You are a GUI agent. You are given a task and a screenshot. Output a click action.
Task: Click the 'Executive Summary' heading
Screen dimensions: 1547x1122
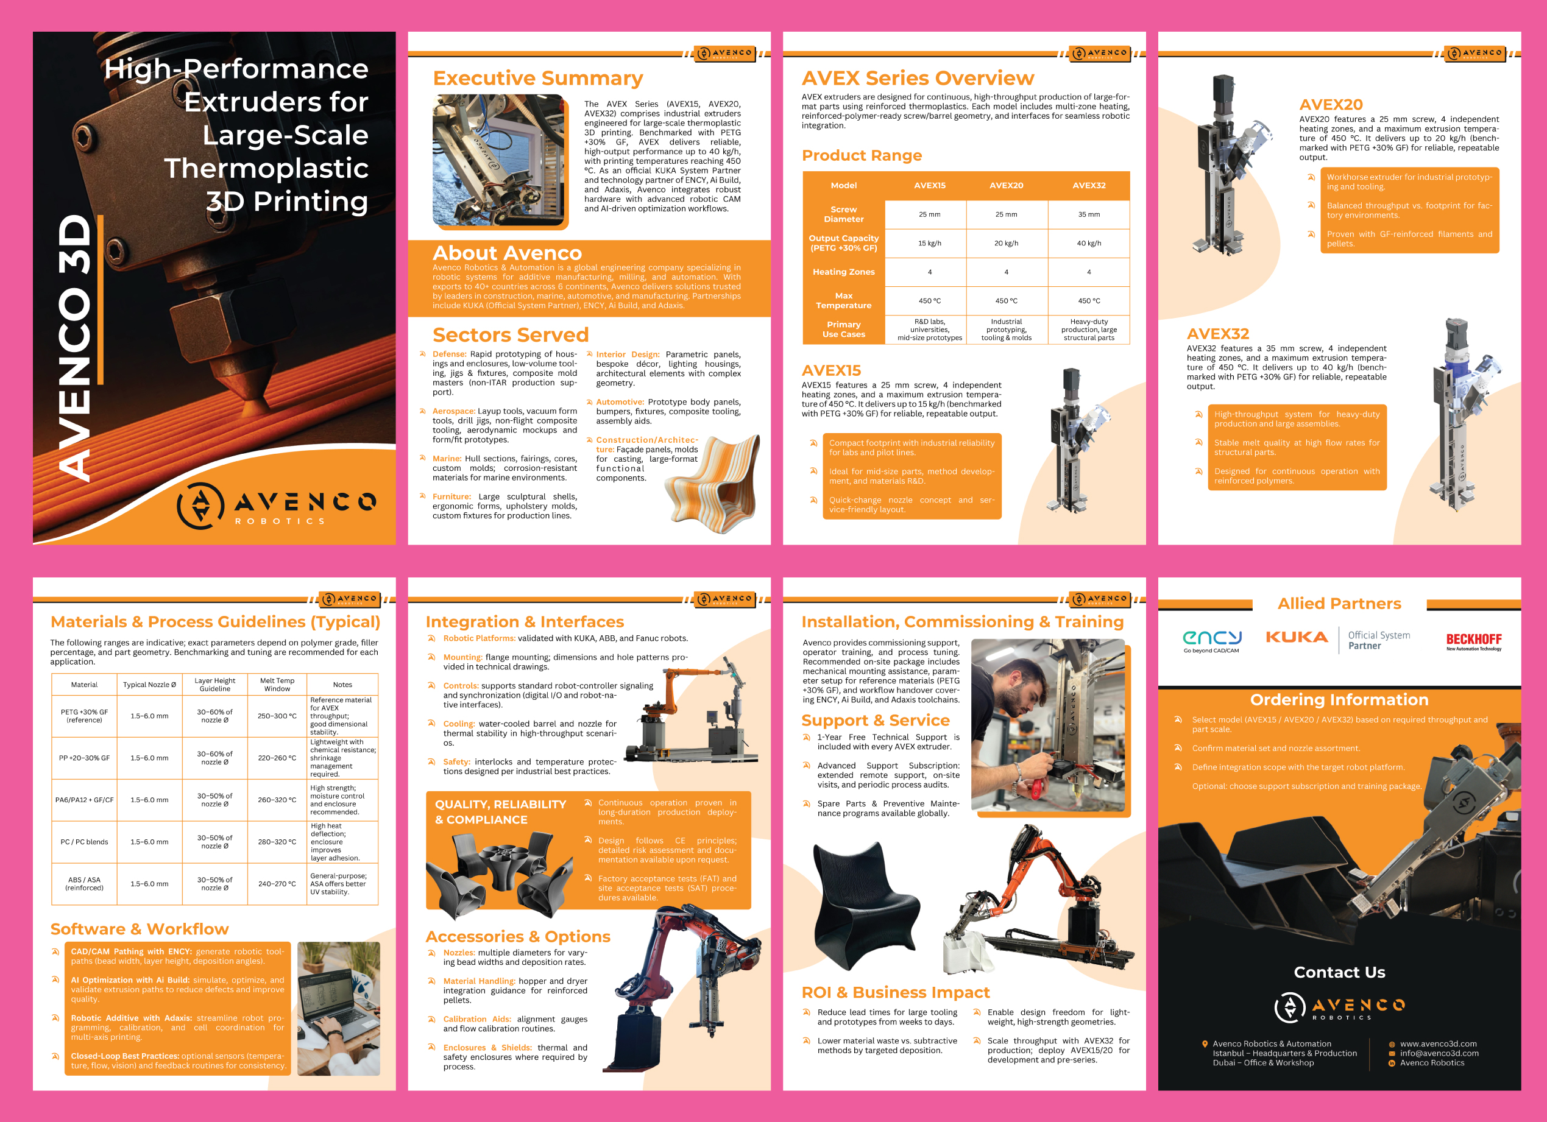(x=538, y=79)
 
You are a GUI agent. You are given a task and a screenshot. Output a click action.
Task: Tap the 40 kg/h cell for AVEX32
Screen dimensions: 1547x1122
(x=1089, y=244)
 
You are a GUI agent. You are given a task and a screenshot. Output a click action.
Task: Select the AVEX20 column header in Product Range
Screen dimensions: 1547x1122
(x=1006, y=186)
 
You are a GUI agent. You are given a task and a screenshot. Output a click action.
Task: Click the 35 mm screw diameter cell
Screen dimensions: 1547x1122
(x=1089, y=214)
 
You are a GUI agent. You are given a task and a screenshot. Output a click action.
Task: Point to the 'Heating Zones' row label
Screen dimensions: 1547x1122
(x=844, y=272)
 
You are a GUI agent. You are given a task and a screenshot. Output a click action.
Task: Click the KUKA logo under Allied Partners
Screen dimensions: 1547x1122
(x=1297, y=637)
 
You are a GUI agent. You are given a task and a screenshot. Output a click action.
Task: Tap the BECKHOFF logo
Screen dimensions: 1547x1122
(x=1473, y=641)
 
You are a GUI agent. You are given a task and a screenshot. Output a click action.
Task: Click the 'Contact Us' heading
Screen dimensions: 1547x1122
(x=1339, y=972)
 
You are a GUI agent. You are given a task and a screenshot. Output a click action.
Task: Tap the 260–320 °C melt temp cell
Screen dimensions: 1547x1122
(x=277, y=800)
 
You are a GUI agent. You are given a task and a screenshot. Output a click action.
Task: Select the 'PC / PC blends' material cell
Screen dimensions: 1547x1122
(x=85, y=842)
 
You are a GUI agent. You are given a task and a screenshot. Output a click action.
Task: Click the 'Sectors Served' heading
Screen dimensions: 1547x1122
(x=510, y=335)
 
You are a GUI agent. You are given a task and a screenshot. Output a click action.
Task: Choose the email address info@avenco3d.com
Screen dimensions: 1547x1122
(x=1439, y=1053)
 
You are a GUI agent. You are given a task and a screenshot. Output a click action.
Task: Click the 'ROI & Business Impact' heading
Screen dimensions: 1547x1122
(x=896, y=992)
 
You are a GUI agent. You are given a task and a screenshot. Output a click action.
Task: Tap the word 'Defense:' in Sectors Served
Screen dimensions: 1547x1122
(x=450, y=354)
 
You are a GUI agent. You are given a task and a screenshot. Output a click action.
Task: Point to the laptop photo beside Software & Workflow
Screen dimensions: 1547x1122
(x=339, y=1009)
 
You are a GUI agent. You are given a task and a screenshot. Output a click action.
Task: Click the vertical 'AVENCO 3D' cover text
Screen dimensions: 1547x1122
(x=74, y=348)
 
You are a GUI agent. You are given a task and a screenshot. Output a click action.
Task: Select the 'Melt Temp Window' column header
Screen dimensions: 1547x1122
(x=277, y=685)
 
